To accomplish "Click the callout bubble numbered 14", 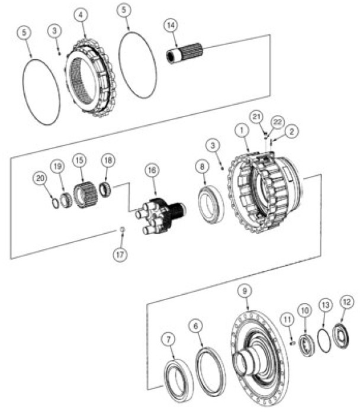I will click(x=171, y=25).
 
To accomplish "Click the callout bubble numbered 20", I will click(x=40, y=176).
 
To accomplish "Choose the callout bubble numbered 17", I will click(x=120, y=254).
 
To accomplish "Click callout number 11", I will click(x=287, y=320).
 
